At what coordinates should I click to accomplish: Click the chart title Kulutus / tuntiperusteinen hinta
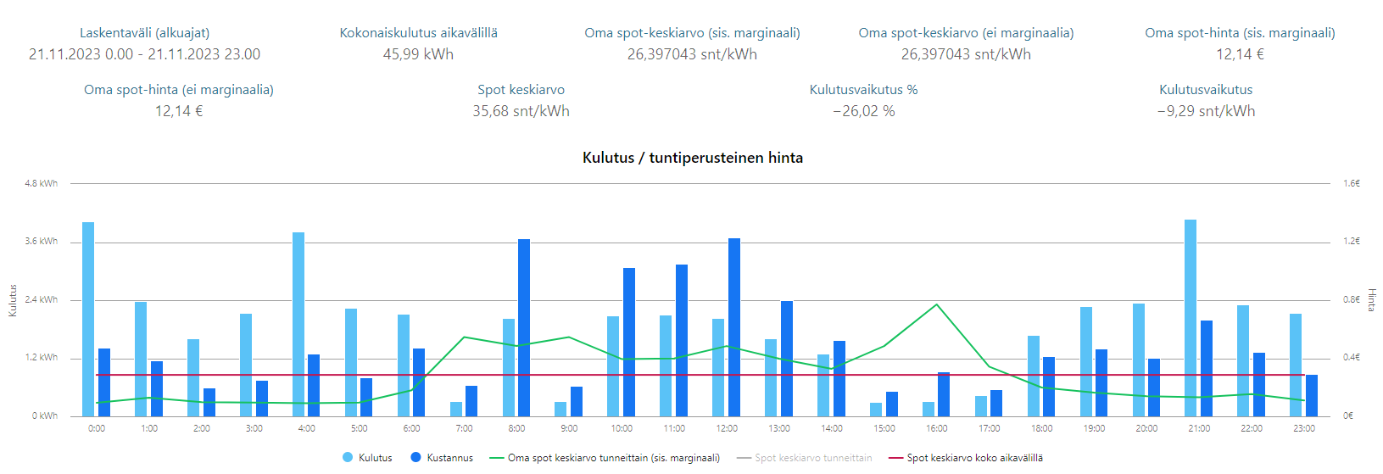click(692, 158)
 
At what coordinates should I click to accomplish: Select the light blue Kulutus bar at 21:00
click(1190, 318)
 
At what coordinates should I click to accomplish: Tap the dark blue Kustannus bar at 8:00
click(524, 327)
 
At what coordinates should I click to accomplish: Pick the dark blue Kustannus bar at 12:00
click(733, 327)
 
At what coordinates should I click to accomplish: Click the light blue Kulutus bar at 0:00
click(88, 319)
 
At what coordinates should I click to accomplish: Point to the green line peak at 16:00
click(936, 304)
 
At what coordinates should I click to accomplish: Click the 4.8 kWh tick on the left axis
click(41, 183)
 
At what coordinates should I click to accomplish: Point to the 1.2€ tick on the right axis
click(1352, 242)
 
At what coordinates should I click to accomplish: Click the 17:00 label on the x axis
click(989, 429)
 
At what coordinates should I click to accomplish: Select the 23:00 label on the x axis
click(1303, 429)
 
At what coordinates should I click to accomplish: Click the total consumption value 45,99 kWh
click(418, 54)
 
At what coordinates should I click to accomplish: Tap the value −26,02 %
click(863, 111)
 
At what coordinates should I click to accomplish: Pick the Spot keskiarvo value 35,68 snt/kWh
click(521, 111)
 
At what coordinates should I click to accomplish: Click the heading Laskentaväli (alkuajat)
click(144, 33)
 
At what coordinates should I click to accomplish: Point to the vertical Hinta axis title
click(1371, 299)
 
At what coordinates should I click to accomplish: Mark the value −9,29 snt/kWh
click(1206, 111)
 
